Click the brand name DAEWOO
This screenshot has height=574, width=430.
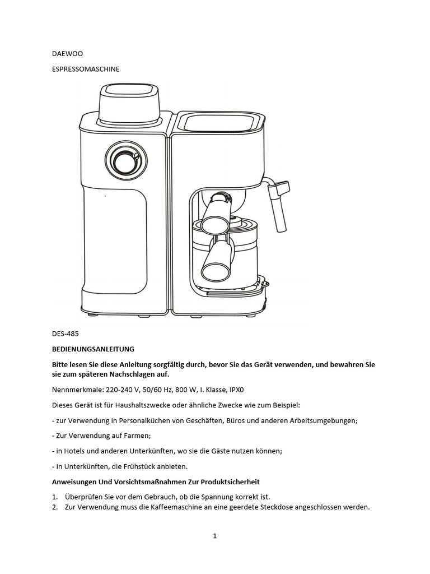67,54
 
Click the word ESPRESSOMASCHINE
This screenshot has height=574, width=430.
86,69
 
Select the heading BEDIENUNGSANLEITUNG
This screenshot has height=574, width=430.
93,349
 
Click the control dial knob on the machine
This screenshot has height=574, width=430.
124,161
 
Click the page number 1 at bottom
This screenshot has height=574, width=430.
214,536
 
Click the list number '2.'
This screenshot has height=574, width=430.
55,507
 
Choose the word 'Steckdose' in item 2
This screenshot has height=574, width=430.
278,507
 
